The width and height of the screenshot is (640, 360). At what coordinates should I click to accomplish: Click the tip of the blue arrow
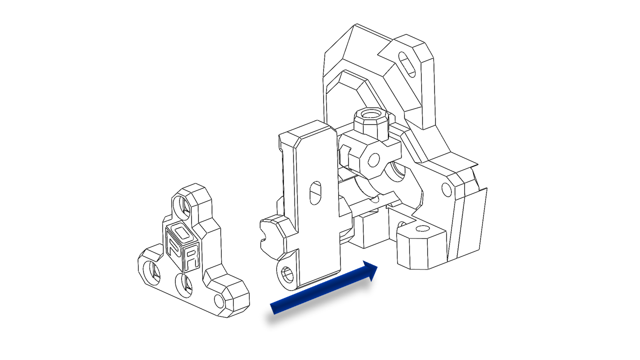click(x=377, y=267)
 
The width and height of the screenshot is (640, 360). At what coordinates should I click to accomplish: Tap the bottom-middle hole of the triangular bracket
click(x=183, y=284)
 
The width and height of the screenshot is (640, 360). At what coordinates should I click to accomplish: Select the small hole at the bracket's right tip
click(x=219, y=301)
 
